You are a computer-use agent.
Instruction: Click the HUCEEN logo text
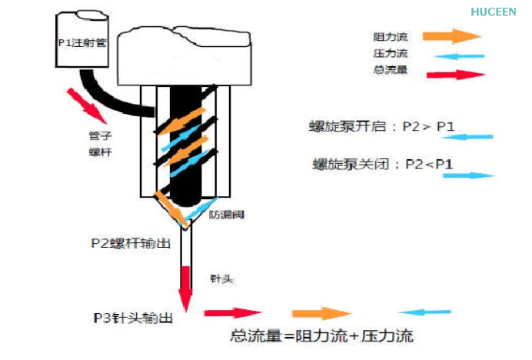tap(494, 12)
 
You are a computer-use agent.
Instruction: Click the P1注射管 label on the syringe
tap(81, 43)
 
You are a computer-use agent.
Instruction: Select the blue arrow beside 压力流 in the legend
tap(461, 55)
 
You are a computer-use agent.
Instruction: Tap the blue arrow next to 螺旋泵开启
tap(468, 137)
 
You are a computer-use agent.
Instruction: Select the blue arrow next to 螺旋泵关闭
tap(470, 175)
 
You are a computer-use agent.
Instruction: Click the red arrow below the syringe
tap(86, 105)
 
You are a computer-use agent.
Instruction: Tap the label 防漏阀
tap(227, 214)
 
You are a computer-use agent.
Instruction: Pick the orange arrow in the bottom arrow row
tap(320, 313)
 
